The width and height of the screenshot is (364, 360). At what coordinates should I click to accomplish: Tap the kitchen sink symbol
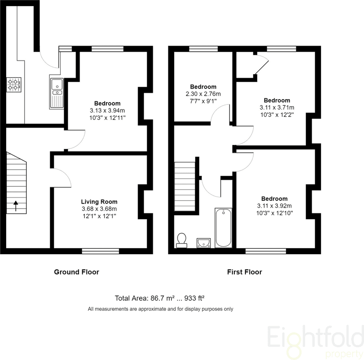point(57,93)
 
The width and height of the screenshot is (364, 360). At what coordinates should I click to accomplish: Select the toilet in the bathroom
point(182,240)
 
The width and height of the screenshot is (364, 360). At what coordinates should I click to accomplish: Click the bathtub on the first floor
point(223,228)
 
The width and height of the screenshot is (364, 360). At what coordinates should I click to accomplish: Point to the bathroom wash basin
point(204,242)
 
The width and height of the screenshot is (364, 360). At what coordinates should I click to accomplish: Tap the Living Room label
point(99,202)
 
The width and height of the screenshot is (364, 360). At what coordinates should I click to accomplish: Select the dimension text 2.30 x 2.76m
point(203,94)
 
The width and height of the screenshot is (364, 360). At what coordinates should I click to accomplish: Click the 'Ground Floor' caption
point(76,272)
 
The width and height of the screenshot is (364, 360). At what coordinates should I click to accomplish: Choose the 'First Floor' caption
point(244,272)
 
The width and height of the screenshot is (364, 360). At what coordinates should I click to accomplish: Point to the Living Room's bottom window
point(101,251)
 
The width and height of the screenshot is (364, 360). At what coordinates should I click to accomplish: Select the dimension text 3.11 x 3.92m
point(275,206)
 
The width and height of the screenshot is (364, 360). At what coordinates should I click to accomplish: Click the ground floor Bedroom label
point(107,104)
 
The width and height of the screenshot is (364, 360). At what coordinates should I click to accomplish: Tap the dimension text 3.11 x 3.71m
point(277,108)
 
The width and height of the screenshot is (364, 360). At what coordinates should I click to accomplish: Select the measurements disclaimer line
point(160,309)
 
